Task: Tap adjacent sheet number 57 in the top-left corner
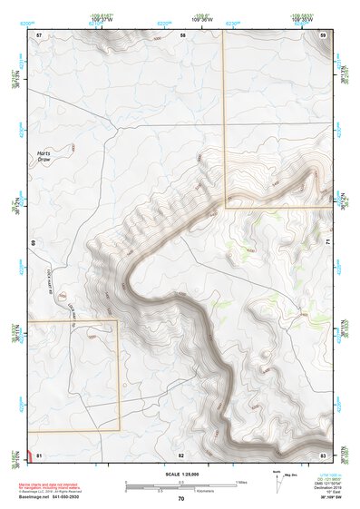click(x=39, y=34)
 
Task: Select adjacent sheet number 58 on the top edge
click(x=182, y=34)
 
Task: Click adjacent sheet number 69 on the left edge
click(x=33, y=243)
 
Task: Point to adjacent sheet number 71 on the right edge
click(x=327, y=243)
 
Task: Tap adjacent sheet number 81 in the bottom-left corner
click(x=39, y=454)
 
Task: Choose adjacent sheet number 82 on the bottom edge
click(x=181, y=454)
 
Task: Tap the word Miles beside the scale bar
click(x=241, y=481)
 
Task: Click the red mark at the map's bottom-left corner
click(x=31, y=454)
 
